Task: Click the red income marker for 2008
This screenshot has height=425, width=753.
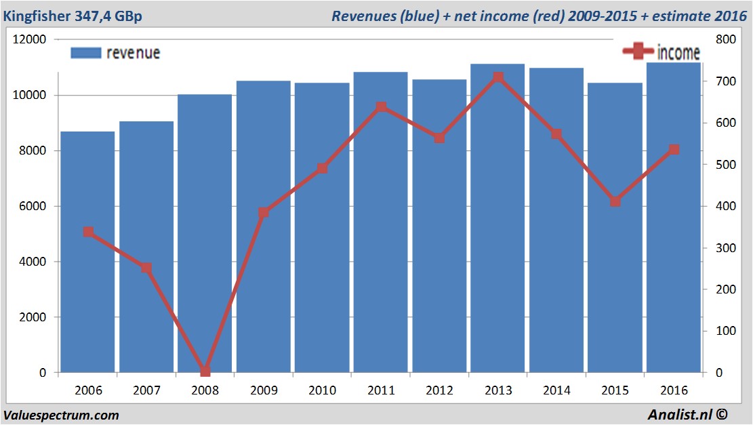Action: (205, 371)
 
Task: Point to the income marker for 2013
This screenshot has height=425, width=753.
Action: (497, 77)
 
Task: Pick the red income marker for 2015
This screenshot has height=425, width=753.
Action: (615, 201)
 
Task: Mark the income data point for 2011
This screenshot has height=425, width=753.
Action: (381, 107)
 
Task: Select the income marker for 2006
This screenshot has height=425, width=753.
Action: (88, 232)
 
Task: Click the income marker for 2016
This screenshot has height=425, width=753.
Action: (674, 150)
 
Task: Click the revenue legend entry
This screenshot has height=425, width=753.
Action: (115, 53)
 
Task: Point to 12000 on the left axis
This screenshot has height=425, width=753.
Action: (30, 39)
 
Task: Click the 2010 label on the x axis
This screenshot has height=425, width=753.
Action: (322, 390)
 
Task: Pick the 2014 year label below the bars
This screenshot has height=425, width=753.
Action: (556, 390)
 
